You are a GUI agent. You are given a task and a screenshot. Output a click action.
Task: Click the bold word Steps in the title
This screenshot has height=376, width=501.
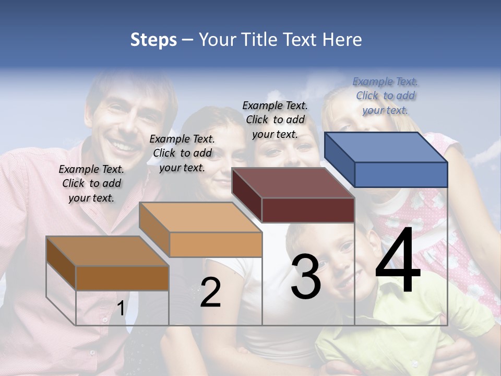[153, 40]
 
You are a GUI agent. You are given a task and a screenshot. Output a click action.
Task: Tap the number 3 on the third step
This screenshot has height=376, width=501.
[306, 277]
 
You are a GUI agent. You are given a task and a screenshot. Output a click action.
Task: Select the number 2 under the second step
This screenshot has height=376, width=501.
[210, 292]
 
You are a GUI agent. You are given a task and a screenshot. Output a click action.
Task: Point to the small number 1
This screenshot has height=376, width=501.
[121, 309]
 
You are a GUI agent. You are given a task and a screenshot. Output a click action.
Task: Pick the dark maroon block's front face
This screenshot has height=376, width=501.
[308, 210]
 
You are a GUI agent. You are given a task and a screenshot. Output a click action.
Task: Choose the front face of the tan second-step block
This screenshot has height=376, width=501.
[216, 244]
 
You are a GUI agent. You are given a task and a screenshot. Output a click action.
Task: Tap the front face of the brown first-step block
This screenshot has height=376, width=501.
[122, 278]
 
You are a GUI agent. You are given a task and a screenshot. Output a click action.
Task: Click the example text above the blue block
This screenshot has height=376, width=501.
[386, 96]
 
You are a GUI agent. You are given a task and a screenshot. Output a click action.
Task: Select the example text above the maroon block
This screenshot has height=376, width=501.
[275, 120]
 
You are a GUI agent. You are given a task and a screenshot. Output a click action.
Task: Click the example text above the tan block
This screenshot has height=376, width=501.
[182, 153]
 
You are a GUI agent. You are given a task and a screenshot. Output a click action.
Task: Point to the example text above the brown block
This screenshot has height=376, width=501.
[91, 183]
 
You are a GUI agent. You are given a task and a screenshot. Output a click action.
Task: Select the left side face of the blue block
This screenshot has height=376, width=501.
[339, 159]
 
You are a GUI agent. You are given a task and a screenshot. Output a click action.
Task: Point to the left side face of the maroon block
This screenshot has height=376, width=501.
[246, 195]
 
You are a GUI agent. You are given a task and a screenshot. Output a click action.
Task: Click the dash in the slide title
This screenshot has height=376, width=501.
[188, 40]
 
